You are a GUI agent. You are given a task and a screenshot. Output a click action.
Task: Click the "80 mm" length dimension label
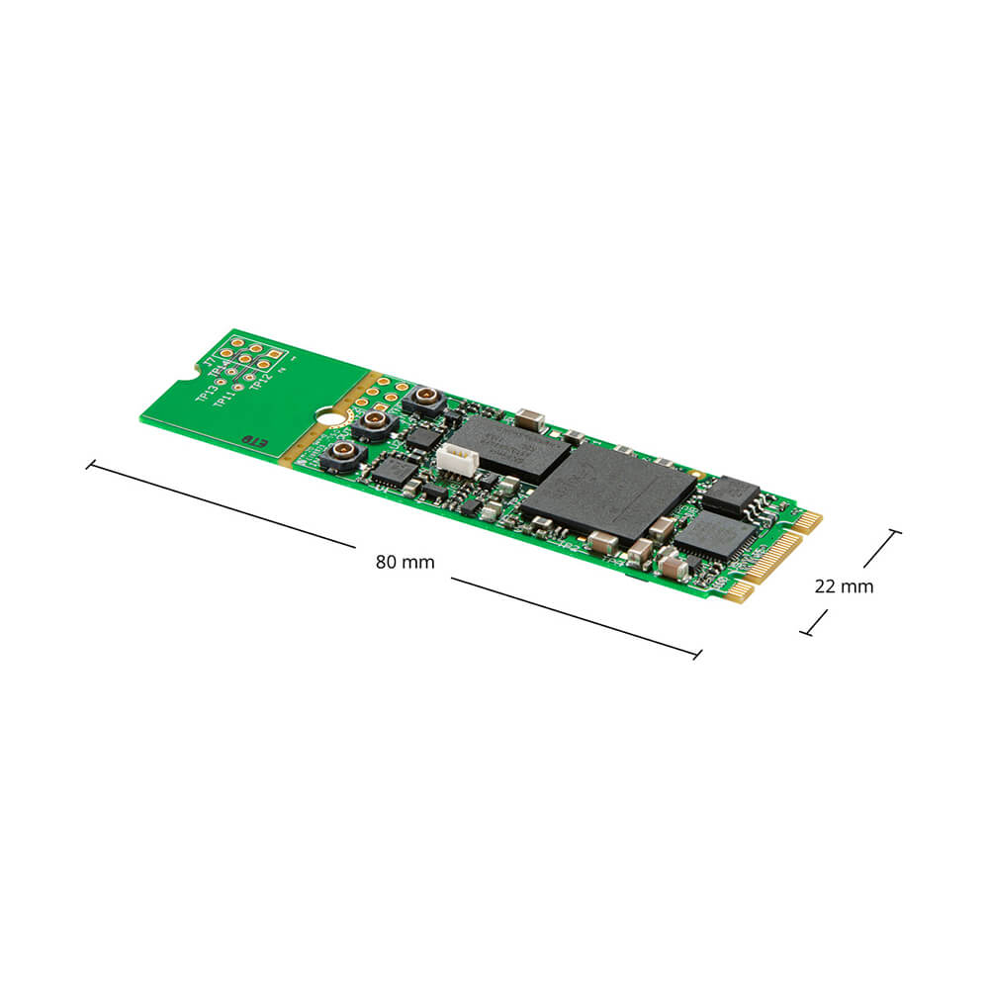click(405, 562)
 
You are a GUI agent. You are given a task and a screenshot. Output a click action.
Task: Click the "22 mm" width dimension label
click(844, 585)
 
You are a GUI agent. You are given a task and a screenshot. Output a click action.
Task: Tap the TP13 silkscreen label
click(206, 390)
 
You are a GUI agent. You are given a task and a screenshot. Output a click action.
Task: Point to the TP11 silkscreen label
click(225, 400)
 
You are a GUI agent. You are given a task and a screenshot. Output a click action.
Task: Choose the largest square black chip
click(608, 492)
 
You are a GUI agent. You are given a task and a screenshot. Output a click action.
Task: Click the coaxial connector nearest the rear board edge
click(424, 401)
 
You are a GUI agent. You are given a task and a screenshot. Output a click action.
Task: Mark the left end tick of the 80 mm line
click(90, 464)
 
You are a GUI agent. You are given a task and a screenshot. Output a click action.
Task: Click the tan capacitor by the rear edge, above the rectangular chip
click(530, 418)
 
